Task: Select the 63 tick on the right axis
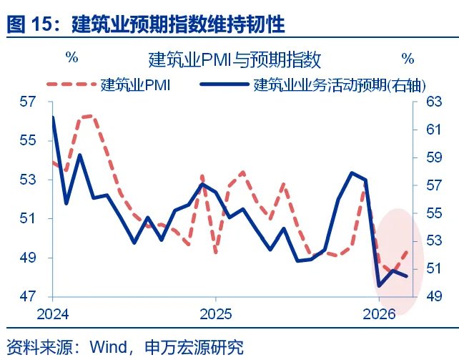click(434, 102)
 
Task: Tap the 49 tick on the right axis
click(434, 296)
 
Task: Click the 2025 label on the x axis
click(215, 313)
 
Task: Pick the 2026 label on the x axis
click(380, 313)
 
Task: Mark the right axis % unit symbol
click(408, 57)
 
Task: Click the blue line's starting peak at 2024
click(53, 117)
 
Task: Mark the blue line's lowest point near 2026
click(379, 286)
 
